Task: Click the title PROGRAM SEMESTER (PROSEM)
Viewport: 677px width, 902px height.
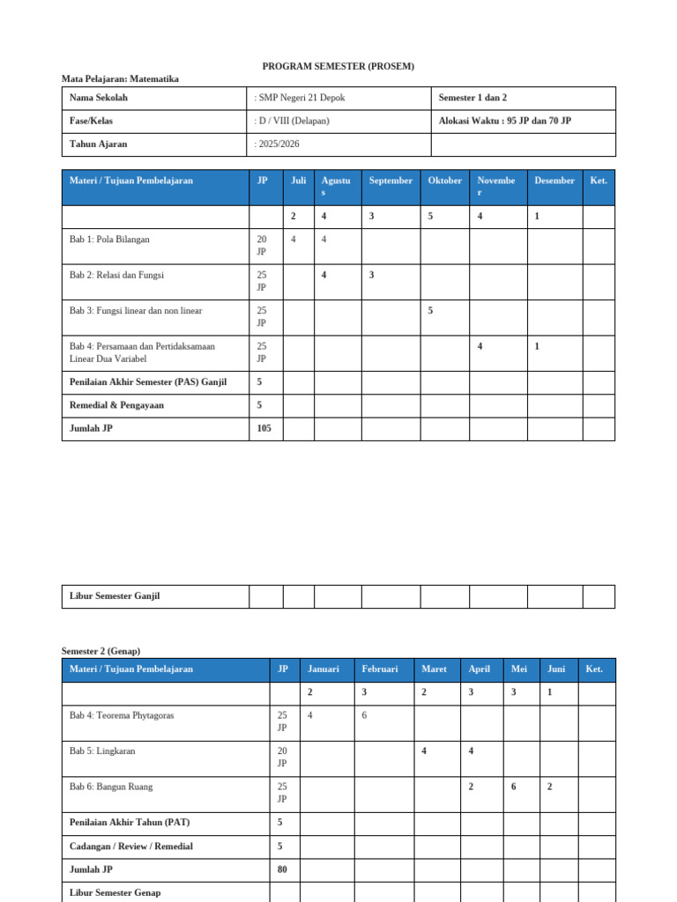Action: point(338,66)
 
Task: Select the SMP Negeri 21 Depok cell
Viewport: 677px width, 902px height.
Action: point(301,98)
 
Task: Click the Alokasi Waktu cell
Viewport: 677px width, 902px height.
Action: point(504,121)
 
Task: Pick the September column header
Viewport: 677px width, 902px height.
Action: point(391,181)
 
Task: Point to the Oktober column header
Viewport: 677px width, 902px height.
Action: point(445,181)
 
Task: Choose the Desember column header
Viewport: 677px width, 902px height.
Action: point(554,181)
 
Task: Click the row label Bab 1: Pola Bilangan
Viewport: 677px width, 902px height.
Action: point(115,240)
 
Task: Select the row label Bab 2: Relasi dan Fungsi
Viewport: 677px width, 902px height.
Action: point(116,276)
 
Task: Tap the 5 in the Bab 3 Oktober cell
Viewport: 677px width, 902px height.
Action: point(431,311)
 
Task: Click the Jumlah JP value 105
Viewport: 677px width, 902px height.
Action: point(264,429)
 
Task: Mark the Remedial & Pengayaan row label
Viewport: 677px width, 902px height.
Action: point(116,406)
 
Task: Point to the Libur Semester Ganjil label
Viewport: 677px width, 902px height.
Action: point(115,596)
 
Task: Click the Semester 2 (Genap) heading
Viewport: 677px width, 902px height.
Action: point(100,651)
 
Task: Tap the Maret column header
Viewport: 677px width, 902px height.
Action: point(434,669)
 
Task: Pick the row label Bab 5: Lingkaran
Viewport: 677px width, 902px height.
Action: point(102,751)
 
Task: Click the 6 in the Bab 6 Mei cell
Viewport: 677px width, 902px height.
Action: point(514,787)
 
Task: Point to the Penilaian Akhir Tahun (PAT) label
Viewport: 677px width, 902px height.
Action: point(130,823)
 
